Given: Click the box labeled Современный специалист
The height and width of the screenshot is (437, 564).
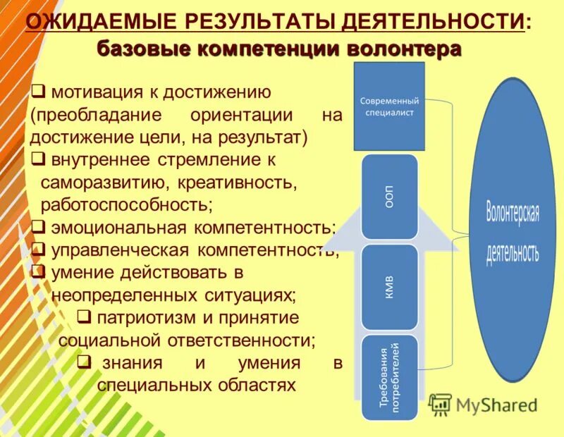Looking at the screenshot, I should coord(389,106).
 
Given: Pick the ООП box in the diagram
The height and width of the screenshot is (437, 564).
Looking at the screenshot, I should coord(389,197).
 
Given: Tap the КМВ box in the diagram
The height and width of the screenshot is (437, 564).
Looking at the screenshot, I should coord(389,287).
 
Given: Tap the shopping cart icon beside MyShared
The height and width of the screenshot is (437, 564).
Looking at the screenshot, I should coord(441,404).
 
